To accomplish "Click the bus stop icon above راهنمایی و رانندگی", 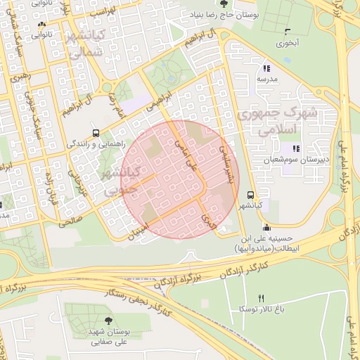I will point(96,132).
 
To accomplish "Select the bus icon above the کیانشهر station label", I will point(250,195).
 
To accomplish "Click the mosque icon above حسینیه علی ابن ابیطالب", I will point(266,227).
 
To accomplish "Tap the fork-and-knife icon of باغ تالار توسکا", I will point(261,298).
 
